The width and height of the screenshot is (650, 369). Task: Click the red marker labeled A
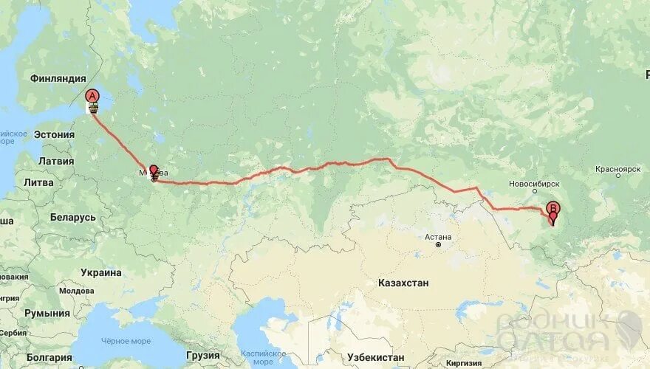(92, 96)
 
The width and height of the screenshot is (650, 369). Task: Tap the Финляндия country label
(58, 78)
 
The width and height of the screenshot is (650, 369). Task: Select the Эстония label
(54, 134)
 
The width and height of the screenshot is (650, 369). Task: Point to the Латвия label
(55, 161)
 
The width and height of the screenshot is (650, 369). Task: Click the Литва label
(38, 182)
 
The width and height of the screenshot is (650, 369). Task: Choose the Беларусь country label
(73, 218)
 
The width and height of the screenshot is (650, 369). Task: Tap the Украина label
(101, 272)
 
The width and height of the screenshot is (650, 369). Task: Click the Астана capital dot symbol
(438, 245)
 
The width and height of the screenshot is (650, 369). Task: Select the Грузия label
(202, 354)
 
